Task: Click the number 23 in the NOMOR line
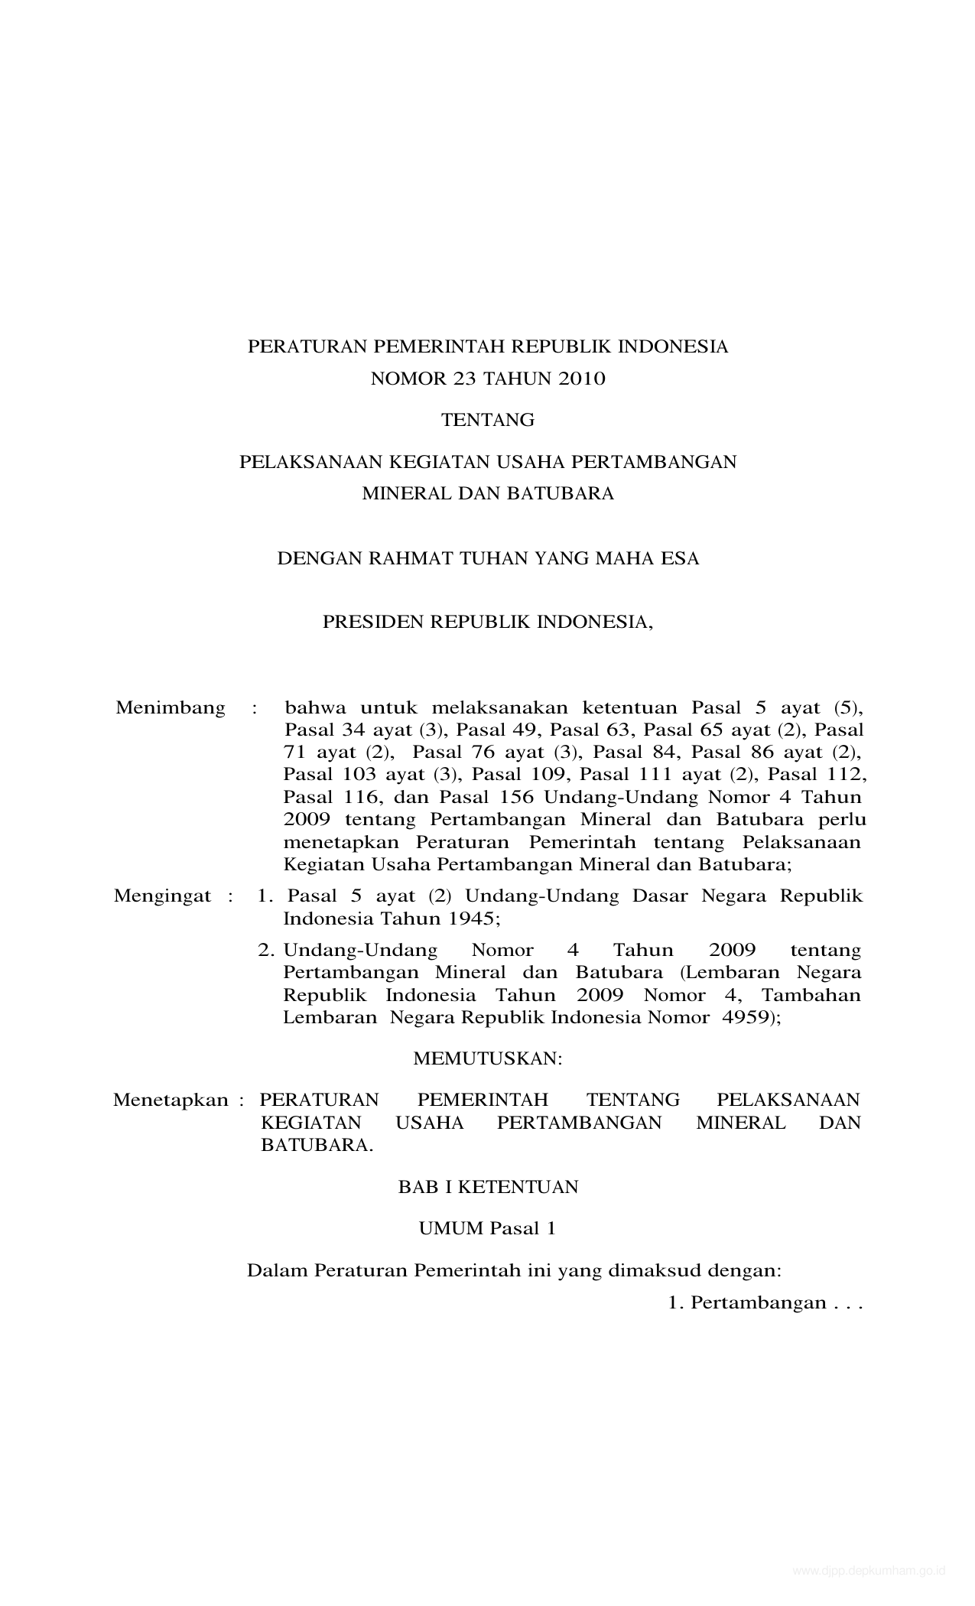(x=447, y=379)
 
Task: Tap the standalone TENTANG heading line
(x=488, y=420)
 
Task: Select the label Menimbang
(x=171, y=707)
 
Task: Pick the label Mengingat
(x=162, y=896)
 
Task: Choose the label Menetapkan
(x=171, y=1100)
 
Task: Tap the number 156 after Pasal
(x=516, y=797)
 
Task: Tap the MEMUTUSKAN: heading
(x=488, y=1058)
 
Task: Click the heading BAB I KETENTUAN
(x=488, y=1187)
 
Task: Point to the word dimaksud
(x=654, y=1271)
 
